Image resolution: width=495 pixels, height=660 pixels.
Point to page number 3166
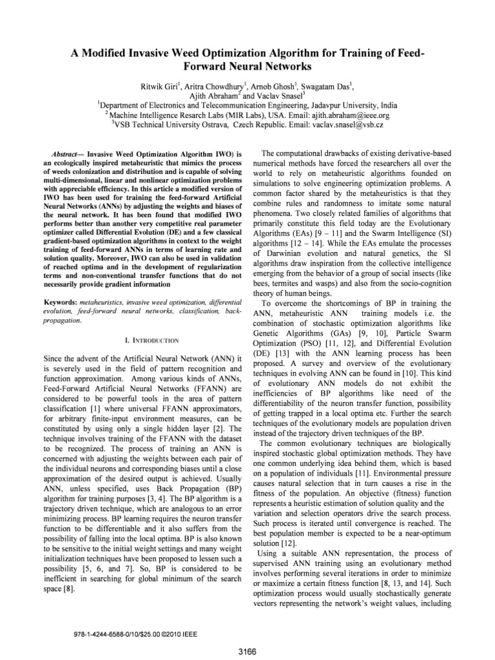click(x=247, y=652)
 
